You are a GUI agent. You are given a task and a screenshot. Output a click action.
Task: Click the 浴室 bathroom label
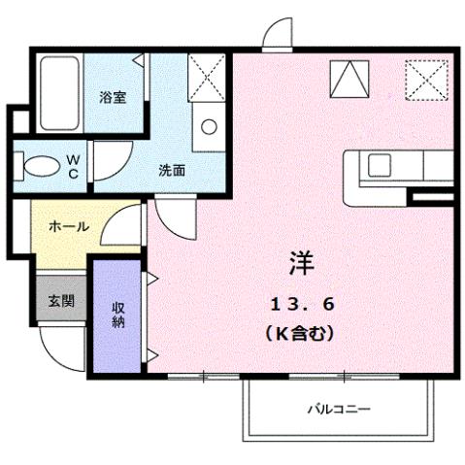[x=114, y=98]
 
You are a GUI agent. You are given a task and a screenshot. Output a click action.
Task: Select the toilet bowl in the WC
[x=40, y=167]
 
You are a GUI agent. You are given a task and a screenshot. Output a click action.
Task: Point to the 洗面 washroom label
[x=173, y=170]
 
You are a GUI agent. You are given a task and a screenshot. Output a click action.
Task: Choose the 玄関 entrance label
[x=60, y=301]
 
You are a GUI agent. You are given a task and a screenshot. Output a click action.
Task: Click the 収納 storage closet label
[x=117, y=315]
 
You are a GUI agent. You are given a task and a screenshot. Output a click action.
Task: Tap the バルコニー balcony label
[x=339, y=409]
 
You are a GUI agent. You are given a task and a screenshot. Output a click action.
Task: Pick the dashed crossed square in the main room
[x=426, y=78]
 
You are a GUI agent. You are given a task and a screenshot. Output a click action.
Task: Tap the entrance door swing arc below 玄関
[x=64, y=348]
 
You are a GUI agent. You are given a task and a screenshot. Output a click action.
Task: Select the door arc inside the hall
[x=118, y=231]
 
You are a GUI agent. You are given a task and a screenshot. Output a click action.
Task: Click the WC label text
[x=73, y=167]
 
